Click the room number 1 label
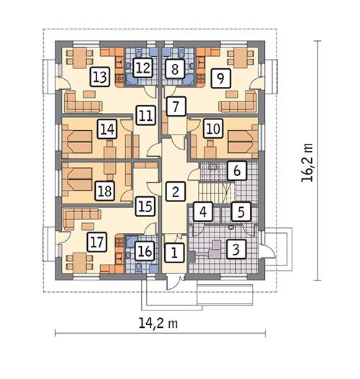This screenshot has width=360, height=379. [173, 252]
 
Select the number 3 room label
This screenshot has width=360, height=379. [235, 250]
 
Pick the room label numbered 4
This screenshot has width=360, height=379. [204, 213]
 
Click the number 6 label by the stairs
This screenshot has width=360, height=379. [235, 171]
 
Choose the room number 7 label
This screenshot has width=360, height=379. [173, 106]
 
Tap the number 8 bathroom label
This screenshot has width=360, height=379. [174, 69]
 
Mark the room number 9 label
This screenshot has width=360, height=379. [220, 77]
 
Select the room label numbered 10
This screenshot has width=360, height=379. [212, 129]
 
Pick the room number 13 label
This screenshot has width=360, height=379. [100, 77]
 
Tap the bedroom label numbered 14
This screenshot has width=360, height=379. [107, 129]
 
